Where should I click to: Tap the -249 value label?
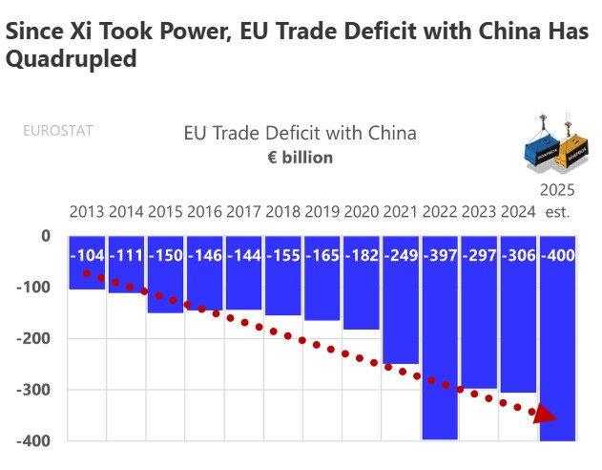(x=400, y=255)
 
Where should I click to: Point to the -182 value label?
(x=361, y=255)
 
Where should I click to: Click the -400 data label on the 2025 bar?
(x=557, y=255)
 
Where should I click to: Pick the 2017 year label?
(x=243, y=211)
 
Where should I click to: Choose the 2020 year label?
(x=361, y=211)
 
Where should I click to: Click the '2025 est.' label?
(x=557, y=200)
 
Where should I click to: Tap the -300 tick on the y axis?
(x=33, y=390)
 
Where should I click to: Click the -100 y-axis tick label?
(x=33, y=288)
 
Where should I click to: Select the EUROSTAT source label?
(x=58, y=131)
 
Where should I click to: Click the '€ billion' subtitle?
(x=301, y=157)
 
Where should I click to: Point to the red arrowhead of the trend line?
(x=545, y=415)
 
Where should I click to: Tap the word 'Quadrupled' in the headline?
(x=72, y=59)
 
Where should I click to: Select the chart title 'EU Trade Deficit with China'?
(x=301, y=133)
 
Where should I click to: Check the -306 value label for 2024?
(x=518, y=255)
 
